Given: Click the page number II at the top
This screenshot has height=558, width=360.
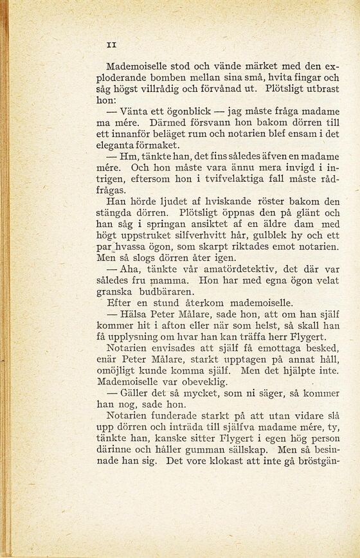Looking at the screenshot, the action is (110, 44).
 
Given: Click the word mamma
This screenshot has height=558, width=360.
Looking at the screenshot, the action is (168, 281).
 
